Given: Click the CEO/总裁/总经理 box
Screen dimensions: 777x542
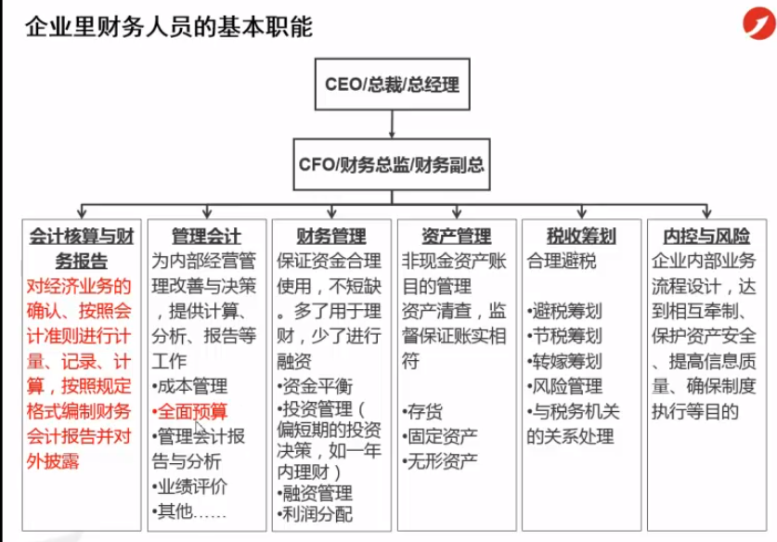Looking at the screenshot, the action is point(392,84).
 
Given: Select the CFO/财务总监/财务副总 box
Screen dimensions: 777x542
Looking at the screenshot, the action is point(392,164).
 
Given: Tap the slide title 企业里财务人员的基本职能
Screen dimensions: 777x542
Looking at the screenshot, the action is point(169,26).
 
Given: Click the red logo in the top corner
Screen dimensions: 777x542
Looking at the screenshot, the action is point(759,23).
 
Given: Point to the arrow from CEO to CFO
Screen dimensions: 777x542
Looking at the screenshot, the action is point(392,124).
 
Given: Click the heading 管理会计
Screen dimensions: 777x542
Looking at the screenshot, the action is point(207,236).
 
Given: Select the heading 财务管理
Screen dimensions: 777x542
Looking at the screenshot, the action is point(331,236).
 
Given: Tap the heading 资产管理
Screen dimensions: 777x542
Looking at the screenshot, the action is point(457,236).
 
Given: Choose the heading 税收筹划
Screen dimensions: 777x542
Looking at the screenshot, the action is point(581,236).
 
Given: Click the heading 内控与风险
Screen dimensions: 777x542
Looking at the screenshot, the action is point(706,236).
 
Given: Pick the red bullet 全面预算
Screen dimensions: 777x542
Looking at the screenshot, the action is point(190,411).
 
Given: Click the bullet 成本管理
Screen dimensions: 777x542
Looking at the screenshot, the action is point(190,386).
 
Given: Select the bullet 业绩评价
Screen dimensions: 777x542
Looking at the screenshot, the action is point(190,486).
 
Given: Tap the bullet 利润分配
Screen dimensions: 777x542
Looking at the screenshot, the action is point(315,514).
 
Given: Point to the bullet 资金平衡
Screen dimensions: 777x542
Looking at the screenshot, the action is point(315,386).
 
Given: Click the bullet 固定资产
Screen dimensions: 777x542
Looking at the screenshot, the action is point(441,436).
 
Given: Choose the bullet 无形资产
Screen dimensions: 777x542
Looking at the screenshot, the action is point(441,461).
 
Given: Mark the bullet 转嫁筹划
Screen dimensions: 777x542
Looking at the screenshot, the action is point(565,361).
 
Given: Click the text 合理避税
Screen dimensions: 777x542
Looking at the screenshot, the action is point(562,261).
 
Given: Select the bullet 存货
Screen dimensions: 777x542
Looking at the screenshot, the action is point(423,411).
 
